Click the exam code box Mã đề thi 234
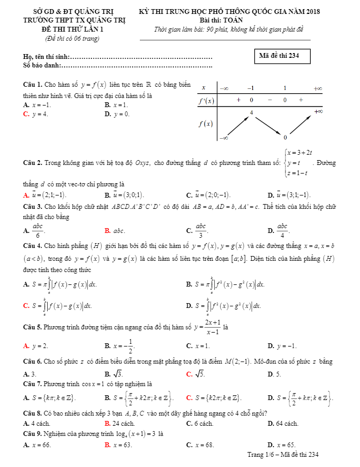click(x=283, y=56)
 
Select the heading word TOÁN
click(x=232, y=19)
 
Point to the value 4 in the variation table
click(x=251, y=112)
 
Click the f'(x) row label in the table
click(x=206, y=100)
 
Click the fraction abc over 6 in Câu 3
click(x=37, y=231)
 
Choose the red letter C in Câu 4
click(x=26, y=306)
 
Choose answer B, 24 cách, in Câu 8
click(x=119, y=424)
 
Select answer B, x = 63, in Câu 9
click(x=118, y=445)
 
